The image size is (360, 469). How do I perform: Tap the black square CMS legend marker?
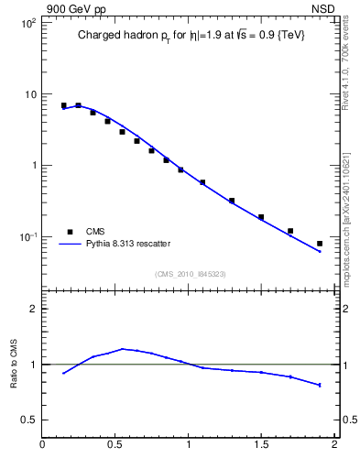(68, 232)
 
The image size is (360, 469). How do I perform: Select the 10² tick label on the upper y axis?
(27, 23)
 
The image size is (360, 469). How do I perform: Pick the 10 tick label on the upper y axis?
(29, 94)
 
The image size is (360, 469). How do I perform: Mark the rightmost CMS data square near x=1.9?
(320, 244)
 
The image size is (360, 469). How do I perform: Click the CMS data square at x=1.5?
(261, 217)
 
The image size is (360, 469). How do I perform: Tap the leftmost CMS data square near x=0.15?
(63, 105)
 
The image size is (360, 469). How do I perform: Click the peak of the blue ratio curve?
(123, 348)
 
